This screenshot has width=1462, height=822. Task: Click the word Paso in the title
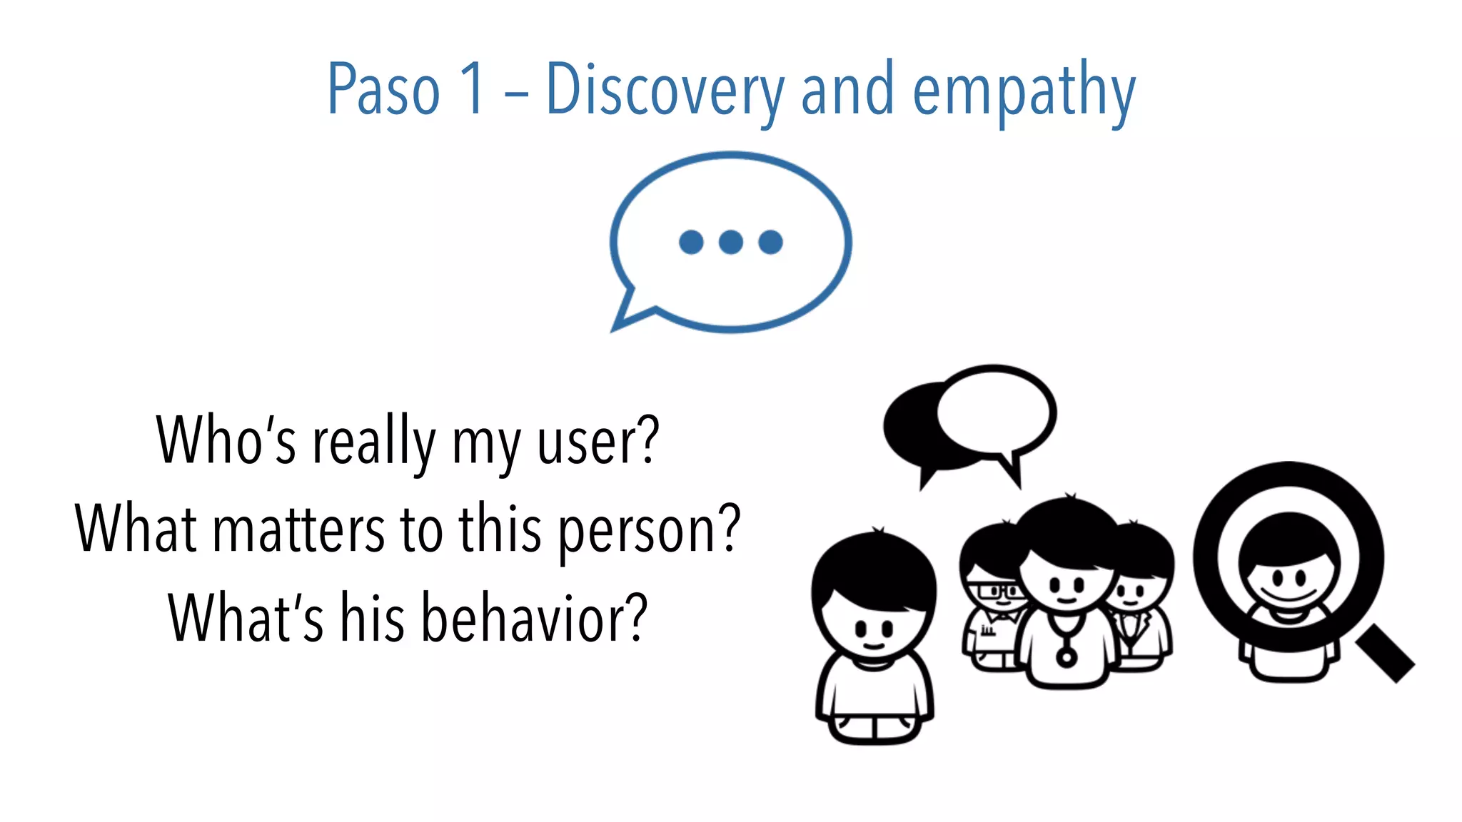pyautogui.click(x=383, y=90)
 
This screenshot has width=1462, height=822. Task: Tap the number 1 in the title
pyautogui.click(x=472, y=90)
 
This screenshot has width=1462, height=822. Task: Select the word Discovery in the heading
pyautogui.click(x=665, y=91)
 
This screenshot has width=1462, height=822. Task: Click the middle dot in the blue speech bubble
pyautogui.click(x=730, y=242)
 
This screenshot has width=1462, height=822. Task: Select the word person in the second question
pyautogui.click(x=637, y=532)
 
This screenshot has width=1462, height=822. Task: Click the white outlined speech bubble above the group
pyautogui.click(x=996, y=411)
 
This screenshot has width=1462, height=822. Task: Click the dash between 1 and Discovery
pyautogui.click(x=515, y=93)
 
